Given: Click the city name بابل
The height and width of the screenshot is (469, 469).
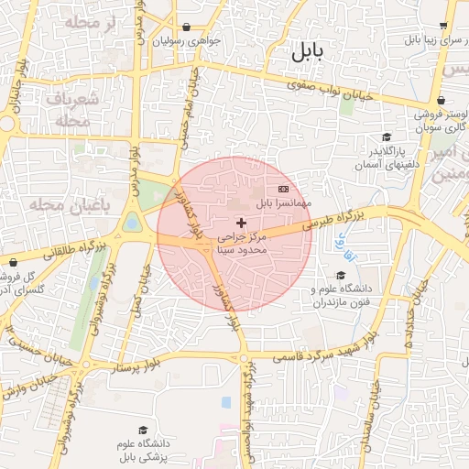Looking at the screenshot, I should coord(308,52).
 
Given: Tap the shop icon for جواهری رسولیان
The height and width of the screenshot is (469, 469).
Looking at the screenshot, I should coord(187,27).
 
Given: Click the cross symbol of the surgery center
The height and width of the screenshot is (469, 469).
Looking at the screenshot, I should coord(241,223).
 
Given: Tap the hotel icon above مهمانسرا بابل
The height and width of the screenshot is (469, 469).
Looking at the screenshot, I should coord(283,188).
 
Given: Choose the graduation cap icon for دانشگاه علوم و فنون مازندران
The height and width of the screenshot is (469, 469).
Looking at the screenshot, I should coord(341,275).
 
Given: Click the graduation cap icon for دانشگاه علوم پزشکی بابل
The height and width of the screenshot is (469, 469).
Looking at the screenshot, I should coord(142,430).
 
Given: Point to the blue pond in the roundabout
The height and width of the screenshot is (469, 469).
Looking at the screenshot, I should coord(132,223).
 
